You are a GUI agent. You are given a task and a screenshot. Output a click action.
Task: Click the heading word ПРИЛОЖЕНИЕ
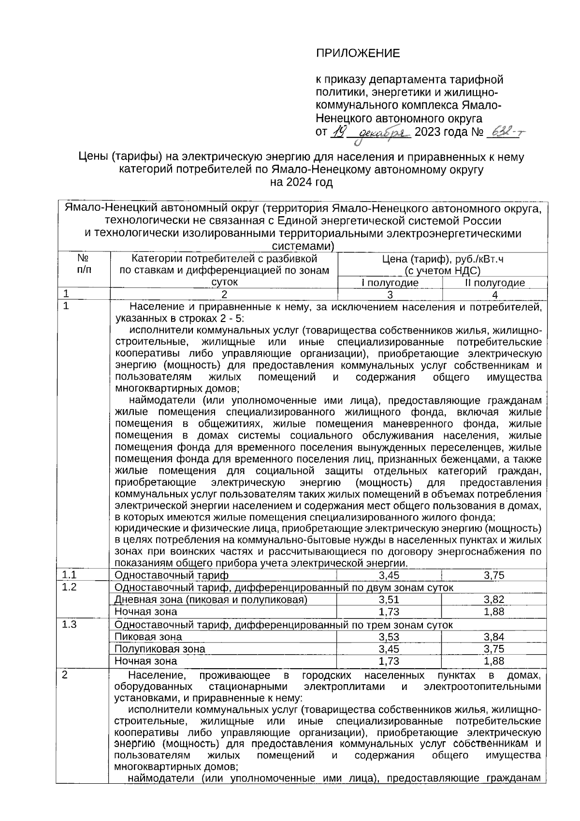[358, 53]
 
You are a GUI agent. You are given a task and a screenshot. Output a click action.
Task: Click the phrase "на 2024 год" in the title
[302, 182]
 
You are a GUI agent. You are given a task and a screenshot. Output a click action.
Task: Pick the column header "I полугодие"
[390, 283]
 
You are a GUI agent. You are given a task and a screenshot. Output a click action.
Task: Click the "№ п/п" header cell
[83, 264]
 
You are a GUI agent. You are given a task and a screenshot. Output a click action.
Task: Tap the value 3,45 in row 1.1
[390, 575]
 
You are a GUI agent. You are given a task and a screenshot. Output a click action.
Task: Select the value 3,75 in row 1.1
[494, 575]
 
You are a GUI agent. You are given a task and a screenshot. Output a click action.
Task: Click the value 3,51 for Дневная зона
[390, 600]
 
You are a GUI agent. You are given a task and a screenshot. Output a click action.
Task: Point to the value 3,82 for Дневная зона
[494, 600]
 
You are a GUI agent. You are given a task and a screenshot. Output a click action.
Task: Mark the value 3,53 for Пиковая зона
[390, 637]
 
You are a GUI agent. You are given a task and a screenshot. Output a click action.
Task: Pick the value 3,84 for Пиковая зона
[494, 637]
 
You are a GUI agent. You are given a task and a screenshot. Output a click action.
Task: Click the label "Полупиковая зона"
[159, 649]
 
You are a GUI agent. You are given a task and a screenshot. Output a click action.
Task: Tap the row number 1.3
[70, 624]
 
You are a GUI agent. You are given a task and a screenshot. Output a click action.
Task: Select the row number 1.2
[70, 587]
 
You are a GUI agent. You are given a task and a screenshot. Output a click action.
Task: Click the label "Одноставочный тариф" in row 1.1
[171, 575]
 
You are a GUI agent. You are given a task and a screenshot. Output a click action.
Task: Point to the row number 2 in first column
[65, 675]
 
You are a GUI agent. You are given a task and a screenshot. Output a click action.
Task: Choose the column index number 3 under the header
[390, 294]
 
